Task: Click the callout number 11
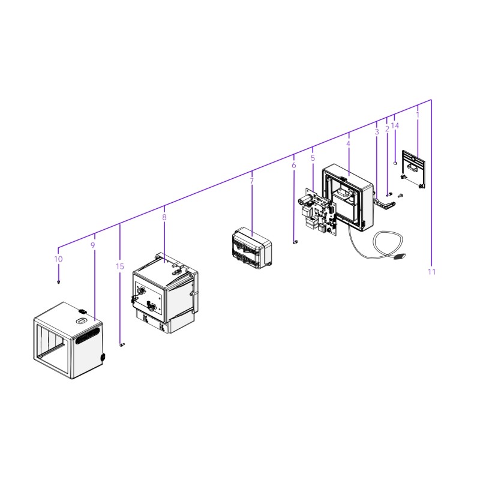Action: pyautogui.click(x=432, y=272)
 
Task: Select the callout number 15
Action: pyautogui.click(x=120, y=266)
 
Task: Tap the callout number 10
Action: pyautogui.click(x=58, y=259)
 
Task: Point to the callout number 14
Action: pyautogui.click(x=395, y=125)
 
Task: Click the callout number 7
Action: pyautogui.click(x=251, y=181)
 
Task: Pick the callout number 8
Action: pyautogui.click(x=164, y=217)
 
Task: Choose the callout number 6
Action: pyautogui.click(x=293, y=165)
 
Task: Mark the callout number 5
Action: pyautogui.click(x=313, y=158)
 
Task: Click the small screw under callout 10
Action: pyautogui.click(x=58, y=281)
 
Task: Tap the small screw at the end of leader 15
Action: pyautogui.click(x=121, y=345)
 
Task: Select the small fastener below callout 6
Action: pyautogui.click(x=295, y=242)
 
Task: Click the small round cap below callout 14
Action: pyautogui.click(x=395, y=163)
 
